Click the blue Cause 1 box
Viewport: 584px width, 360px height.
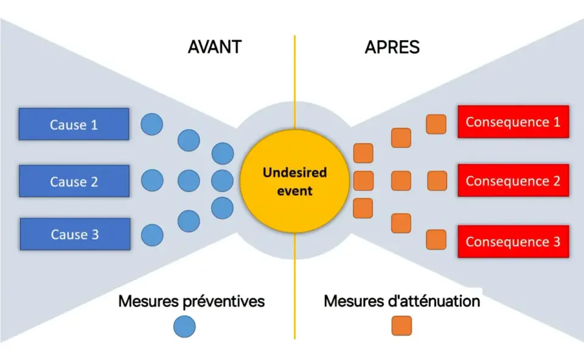click(74, 124)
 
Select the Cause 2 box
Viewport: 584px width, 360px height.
click(74, 181)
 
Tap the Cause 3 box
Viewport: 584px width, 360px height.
click(75, 234)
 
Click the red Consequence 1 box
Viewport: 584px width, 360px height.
click(513, 122)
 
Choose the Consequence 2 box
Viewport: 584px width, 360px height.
click(513, 181)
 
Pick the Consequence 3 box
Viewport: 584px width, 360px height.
click(513, 241)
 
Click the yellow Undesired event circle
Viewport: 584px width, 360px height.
click(294, 181)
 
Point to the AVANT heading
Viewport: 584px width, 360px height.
click(215, 47)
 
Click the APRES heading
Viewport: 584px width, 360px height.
click(392, 47)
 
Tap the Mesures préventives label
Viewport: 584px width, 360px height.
click(192, 301)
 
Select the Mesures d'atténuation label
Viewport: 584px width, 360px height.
click(402, 301)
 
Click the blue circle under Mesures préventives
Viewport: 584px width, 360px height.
click(184, 327)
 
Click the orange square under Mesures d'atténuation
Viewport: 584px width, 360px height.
click(401, 326)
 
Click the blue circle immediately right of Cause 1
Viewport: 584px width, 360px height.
click(152, 124)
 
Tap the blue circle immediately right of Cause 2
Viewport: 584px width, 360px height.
click(152, 181)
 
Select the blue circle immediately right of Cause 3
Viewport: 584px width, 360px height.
click(152, 235)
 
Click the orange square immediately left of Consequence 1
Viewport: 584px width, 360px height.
click(436, 124)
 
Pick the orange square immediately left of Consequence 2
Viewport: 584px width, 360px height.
click(437, 181)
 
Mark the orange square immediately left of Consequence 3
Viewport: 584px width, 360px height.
click(436, 240)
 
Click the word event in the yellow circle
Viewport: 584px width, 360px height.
click(294, 191)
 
